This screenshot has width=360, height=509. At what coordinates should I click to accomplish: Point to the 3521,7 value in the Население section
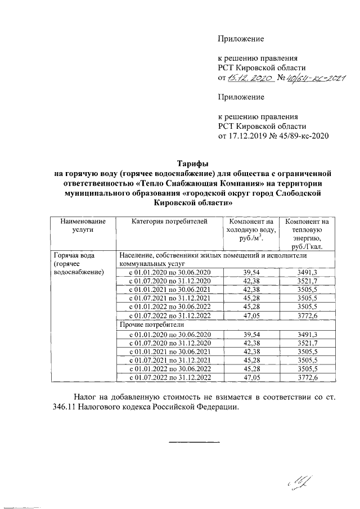[308, 281]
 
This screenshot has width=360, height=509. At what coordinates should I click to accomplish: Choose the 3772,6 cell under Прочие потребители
[308, 377]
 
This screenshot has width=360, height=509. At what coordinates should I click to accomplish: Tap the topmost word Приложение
[241, 39]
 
